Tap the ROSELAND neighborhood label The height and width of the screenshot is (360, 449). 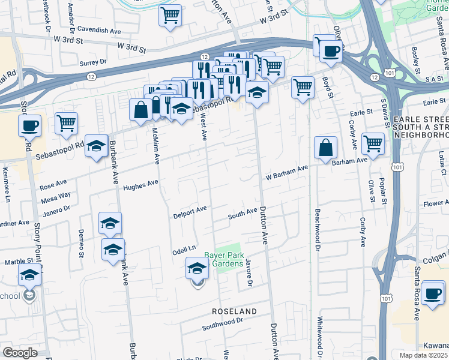click(x=234, y=311)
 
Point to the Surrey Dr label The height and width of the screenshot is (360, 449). click(x=92, y=62)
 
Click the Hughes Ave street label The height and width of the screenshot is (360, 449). click(x=140, y=186)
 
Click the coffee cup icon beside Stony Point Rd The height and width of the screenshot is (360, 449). click(x=30, y=126)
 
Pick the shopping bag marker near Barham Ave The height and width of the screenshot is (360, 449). click(x=325, y=148)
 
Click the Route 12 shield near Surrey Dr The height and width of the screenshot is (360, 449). click(x=91, y=76)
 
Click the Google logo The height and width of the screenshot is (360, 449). click(x=20, y=353)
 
